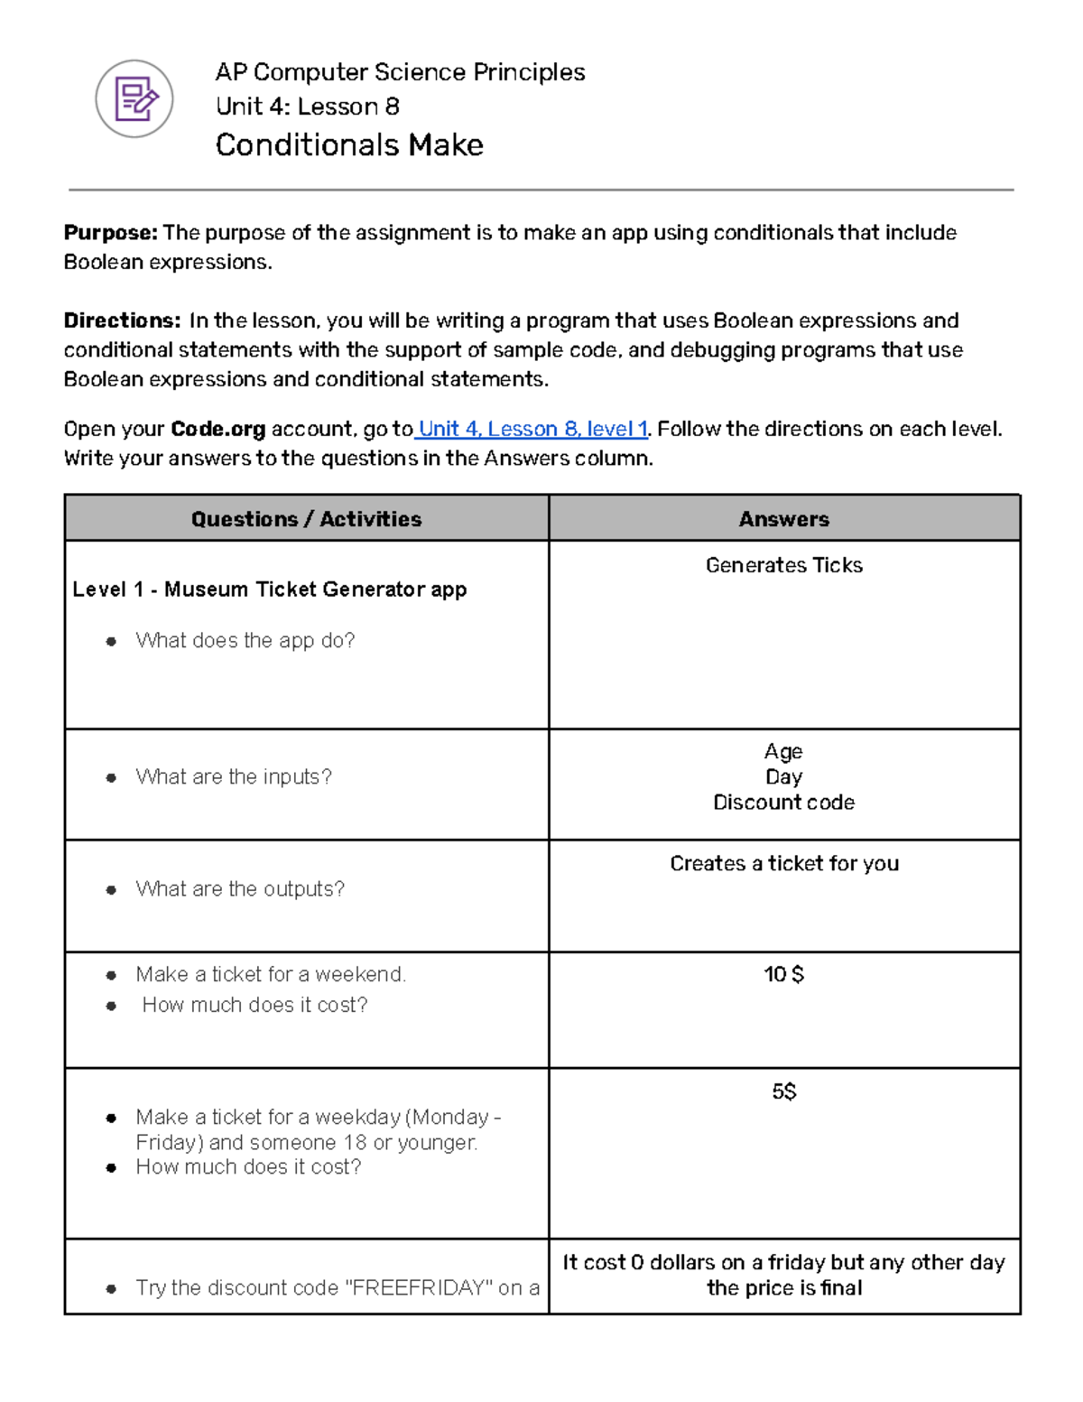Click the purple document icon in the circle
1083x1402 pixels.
point(134,99)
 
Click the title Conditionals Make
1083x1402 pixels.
point(349,145)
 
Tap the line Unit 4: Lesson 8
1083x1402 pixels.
point(307,107)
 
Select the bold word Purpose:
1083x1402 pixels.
point(110,233)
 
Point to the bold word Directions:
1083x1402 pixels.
point(122,320)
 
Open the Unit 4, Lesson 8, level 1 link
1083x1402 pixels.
point(532,429)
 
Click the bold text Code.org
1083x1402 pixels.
point(218,429)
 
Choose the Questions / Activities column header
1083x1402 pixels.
point(306,519)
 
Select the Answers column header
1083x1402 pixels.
point(783,519)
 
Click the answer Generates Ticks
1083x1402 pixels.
point(783,565)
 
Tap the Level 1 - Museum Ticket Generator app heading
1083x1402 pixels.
point(269,590)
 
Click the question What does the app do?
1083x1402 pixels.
point(245,641)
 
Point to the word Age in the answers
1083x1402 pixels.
point(783,751)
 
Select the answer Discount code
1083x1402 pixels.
point(783,803)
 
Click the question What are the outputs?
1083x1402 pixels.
point(240,889)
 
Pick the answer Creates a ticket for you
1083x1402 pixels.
point(783,864)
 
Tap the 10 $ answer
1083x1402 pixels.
point(783,975)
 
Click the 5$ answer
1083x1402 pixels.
point(783,1092)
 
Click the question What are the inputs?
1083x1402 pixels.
point(234,777)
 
